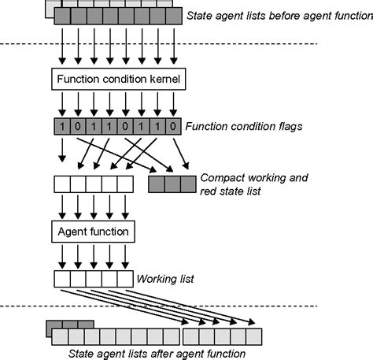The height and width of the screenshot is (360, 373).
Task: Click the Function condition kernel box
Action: click(117, 80)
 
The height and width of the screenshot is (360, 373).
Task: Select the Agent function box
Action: click(94, 231)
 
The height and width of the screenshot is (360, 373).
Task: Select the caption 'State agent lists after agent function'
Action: click(157, 354)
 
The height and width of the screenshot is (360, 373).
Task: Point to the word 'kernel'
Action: click(163, 80)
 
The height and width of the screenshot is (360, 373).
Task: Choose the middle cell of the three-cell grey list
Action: click(171, 184)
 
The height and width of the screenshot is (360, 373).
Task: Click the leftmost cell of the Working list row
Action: click(61, 279)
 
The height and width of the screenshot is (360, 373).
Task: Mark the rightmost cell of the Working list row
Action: click(125, 279)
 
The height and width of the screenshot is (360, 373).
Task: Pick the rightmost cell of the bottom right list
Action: click(251, 337)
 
